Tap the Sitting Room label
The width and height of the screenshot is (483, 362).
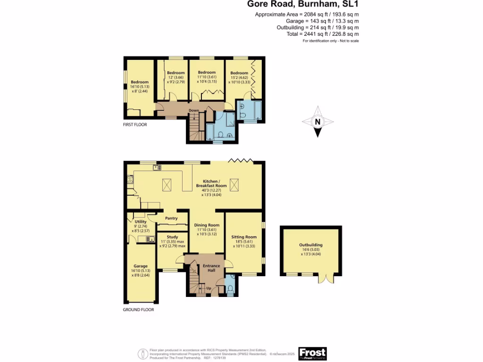[x=244, y=237]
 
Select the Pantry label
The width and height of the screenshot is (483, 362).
[x=171, y=218]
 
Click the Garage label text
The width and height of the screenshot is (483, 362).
[x=140, y=266]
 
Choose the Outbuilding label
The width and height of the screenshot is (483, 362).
[x=310, y=245]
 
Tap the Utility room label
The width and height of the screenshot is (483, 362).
[x=141, y=222]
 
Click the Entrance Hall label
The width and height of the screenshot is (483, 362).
[x=211, y=268]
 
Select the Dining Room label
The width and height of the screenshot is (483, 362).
[x=207, y=225]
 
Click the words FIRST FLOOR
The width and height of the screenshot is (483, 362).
[x=135, y=125]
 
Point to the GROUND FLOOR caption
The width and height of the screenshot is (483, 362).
[x=138, y=310]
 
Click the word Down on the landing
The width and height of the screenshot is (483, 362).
[x=194, y=111]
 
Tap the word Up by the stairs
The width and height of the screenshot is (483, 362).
[x=208, y=288]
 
